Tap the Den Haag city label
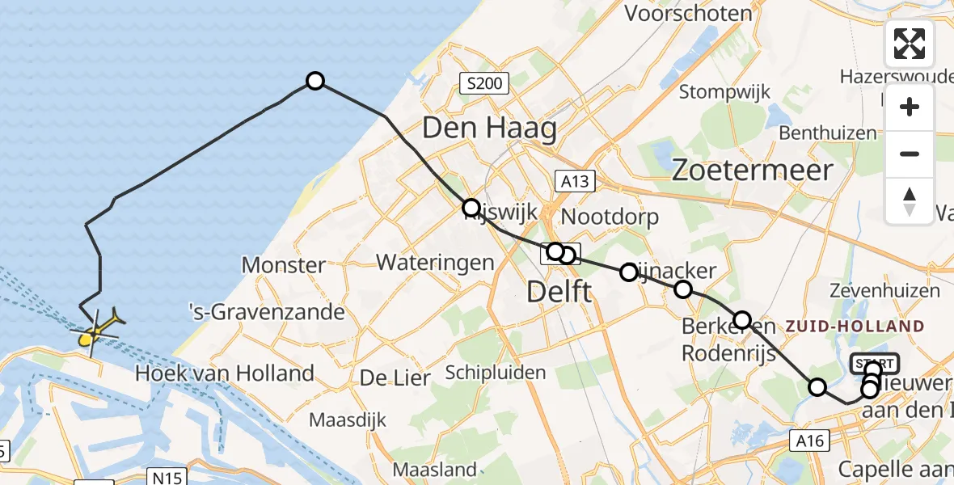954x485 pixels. click(x=489, y=128)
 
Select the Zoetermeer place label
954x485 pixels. click(x=752, y=170)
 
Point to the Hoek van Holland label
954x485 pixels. click(x=225, y=373)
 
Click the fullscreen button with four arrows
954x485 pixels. click(x=910, y=44)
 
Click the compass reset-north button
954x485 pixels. click(x=910, y=200)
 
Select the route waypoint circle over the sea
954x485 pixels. click(x=315, y=81)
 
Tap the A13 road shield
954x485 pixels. click(x=575, y=182)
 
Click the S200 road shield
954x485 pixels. click(x=483, y=82)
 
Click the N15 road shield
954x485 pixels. click(x=167, y=477)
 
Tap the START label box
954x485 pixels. click(x=874, y=363)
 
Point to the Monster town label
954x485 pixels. click(x=284, y=264)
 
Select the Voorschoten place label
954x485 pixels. click(x=689, y=14)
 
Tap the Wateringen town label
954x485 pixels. click(x=435, y=262)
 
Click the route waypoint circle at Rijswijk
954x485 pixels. click(x=471, y=207)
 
